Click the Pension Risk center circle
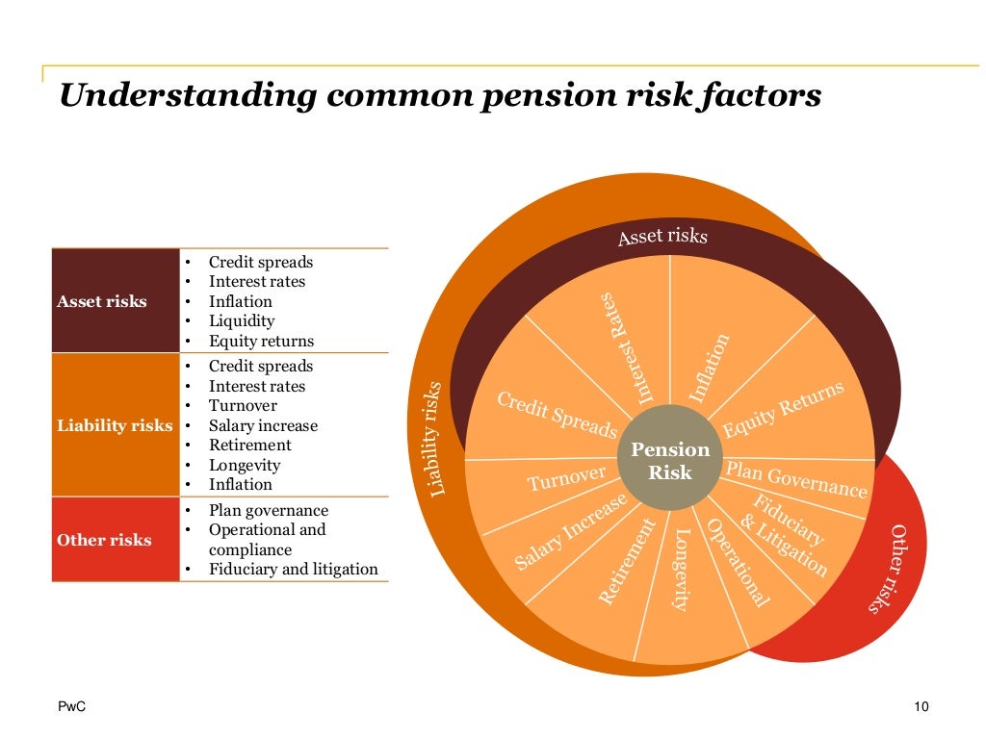pyautogui.click(x=670, y=460)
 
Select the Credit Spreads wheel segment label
pyautogui.click(x=557, y=415)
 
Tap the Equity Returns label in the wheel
pyautogui.click(x=783, y=410)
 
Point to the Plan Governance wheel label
pyautogui.click(x=795, y=479)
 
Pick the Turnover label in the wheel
pyautogui.click(x=566, y=477)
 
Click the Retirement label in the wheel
pyautogui.click(x=627, y=561)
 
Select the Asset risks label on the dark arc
pyautogui.click(x=662, y=236)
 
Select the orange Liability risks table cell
pyautogui.click(x=114, y=425)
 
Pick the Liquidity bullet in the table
pyautogui.click(x=242, y=321)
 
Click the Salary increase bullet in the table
pyautogui.click(x=263, y=425)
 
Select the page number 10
pyautogui.click(x=921, y=708)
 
